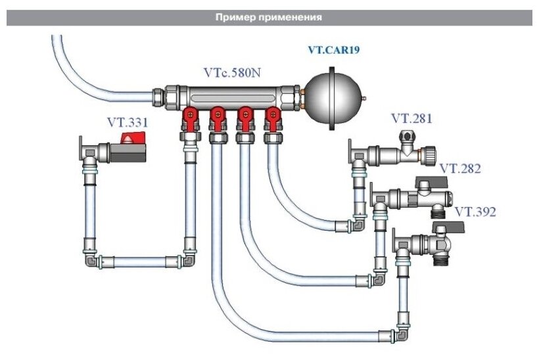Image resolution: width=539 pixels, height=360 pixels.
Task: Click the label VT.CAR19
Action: (334, 49)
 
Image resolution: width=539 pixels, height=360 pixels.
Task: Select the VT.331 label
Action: (128, 122)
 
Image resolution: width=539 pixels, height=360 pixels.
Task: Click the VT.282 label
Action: (460, 169)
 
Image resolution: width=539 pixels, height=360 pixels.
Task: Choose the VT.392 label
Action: (475, 212)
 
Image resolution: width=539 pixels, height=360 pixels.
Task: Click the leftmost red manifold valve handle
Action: (189, 117)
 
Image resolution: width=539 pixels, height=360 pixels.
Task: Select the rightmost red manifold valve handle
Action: (272, 117)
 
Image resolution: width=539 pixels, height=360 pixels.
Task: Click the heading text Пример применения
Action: (269, 18)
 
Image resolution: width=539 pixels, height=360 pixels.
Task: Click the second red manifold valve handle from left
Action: (217, 117)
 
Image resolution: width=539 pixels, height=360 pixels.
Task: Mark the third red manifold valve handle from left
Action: (245, 117)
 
